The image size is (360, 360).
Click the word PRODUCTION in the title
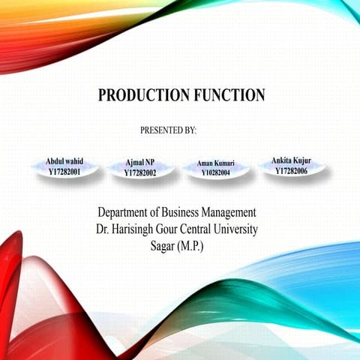(x=142, y=95)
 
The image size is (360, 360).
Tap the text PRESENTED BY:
(x=168, y=130)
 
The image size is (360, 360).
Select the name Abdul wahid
(x=64, y=162)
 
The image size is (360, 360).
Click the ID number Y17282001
(x=64, y=172)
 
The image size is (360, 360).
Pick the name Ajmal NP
(x=140, y=163)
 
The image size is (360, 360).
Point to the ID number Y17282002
(x=140, y=172)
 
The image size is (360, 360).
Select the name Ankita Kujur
(x=291, y=160)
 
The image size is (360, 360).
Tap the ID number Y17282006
(x=291, y=170)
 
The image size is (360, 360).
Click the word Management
(x=232, y=212)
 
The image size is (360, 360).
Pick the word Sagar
(x=161, y=245)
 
